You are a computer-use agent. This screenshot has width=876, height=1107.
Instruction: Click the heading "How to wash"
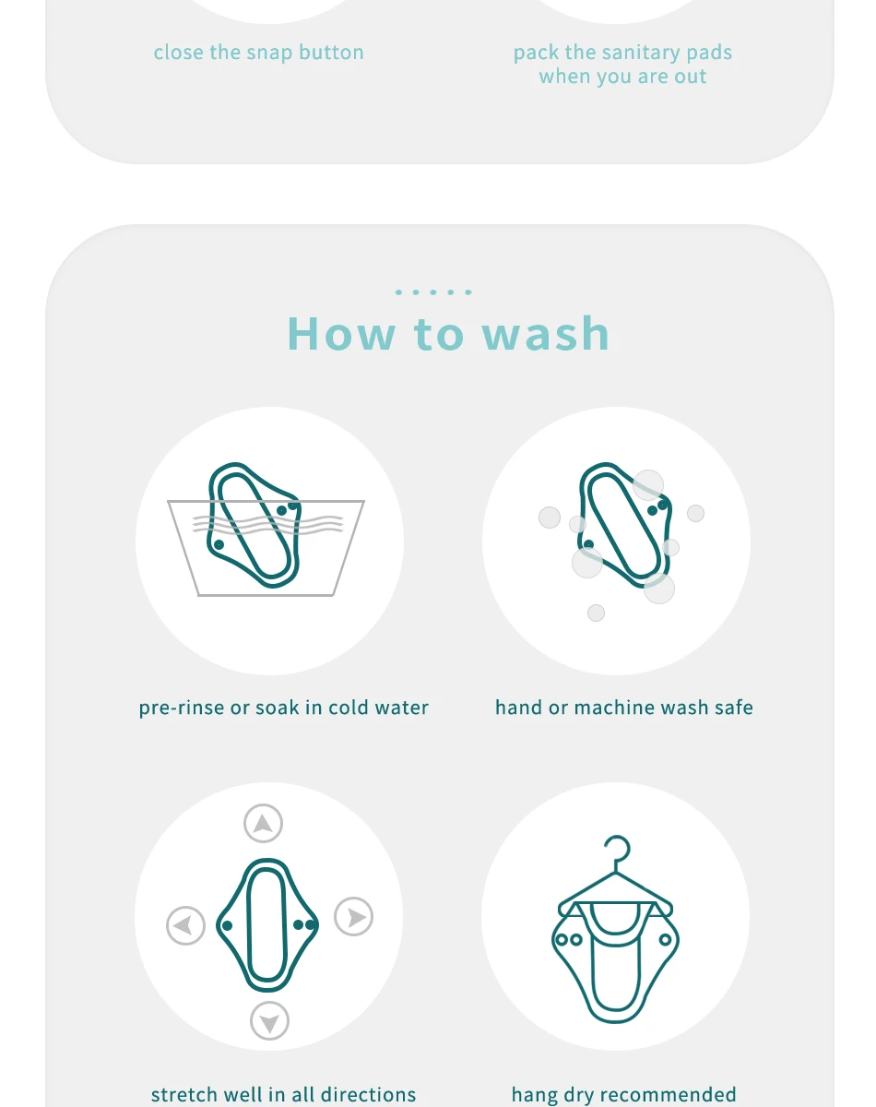click(x=448, y=334)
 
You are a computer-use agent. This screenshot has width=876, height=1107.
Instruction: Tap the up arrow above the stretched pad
click(x=263, y=824)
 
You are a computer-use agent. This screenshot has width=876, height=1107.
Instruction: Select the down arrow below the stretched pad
click(x=269, y=1021)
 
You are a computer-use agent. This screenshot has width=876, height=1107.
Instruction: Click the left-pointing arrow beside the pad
click(x=185, y=926)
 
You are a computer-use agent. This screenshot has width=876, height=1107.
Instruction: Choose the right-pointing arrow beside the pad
click(x=354, y=917)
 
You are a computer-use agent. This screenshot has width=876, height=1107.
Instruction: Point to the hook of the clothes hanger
click(x=620, y=851)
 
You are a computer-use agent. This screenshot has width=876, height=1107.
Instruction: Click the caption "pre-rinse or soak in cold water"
click(x=283, y=708)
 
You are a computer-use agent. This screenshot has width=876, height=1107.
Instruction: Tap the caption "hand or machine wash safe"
click(x=624, y=708)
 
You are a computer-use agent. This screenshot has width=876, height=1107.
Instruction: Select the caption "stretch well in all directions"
click(x=283, y=1094)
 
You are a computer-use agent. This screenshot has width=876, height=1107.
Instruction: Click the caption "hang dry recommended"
click(x=624, y=1094)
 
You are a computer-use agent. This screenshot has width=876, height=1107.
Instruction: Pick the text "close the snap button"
click(x=259, y=53)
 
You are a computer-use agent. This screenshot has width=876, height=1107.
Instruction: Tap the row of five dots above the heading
click(x=433, y=292)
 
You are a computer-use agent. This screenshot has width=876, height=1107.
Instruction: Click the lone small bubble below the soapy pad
click(x=597, y=613)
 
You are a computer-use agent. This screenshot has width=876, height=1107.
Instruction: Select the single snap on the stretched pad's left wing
click(x=227, y=925)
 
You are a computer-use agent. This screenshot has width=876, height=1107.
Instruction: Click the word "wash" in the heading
click(x=546, y=334)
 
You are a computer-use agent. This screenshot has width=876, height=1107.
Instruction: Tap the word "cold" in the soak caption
click(x=349, y=708)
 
